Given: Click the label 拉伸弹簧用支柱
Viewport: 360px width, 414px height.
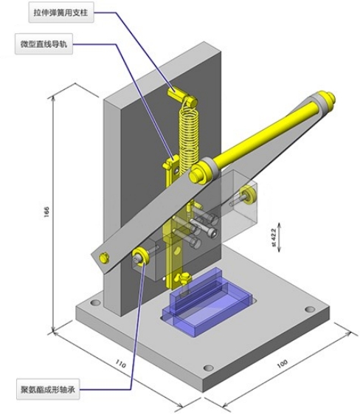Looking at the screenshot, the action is tap(60, 13).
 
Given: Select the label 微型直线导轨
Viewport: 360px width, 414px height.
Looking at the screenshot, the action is tap(44, 44).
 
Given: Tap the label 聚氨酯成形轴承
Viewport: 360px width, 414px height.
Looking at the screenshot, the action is tap(48, 390).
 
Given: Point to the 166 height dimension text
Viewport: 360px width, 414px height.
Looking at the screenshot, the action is tap(46, 212).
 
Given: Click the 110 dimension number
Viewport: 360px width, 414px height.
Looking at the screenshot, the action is tap(120, 364).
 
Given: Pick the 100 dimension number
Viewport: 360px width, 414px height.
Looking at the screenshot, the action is tap(282, 364).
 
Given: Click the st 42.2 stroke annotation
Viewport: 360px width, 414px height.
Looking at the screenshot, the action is tap(274, 238).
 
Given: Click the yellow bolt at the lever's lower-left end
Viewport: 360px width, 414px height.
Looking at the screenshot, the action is tap(104, 258).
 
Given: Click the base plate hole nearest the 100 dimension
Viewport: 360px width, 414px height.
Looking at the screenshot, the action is tap(209, 368).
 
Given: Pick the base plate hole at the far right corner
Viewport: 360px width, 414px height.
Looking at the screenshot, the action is tap(310, 308).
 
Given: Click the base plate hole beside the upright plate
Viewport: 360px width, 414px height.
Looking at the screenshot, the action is tap(95, 302).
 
